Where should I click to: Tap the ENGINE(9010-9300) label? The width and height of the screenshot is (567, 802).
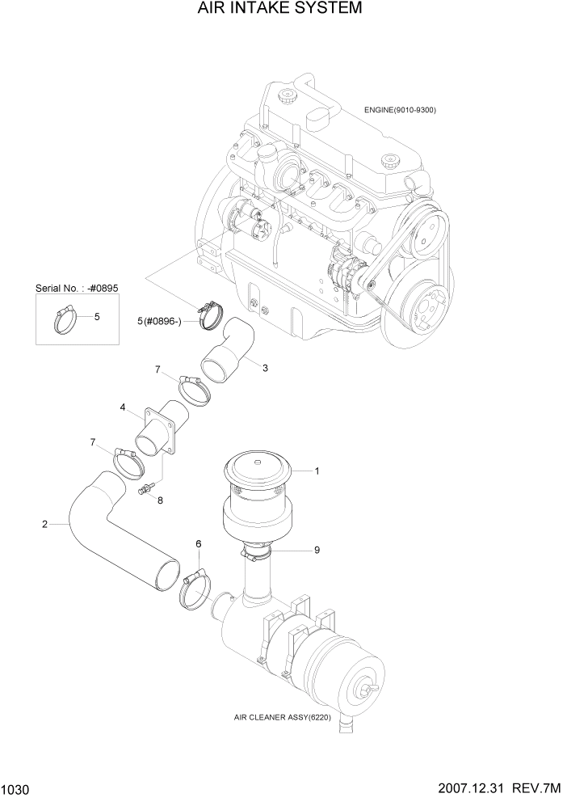click(398, 110)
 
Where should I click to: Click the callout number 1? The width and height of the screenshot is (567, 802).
click(317, 471)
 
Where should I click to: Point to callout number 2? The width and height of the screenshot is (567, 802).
click(44, 525)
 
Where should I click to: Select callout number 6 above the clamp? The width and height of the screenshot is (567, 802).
click(198, 545)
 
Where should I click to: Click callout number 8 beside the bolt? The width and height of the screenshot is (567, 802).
click(160, 500)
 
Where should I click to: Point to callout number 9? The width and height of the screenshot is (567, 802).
click(317, 550)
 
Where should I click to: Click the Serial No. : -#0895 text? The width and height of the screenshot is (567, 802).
click(77, 288)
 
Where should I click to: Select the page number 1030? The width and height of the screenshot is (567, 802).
click(17, 787)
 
